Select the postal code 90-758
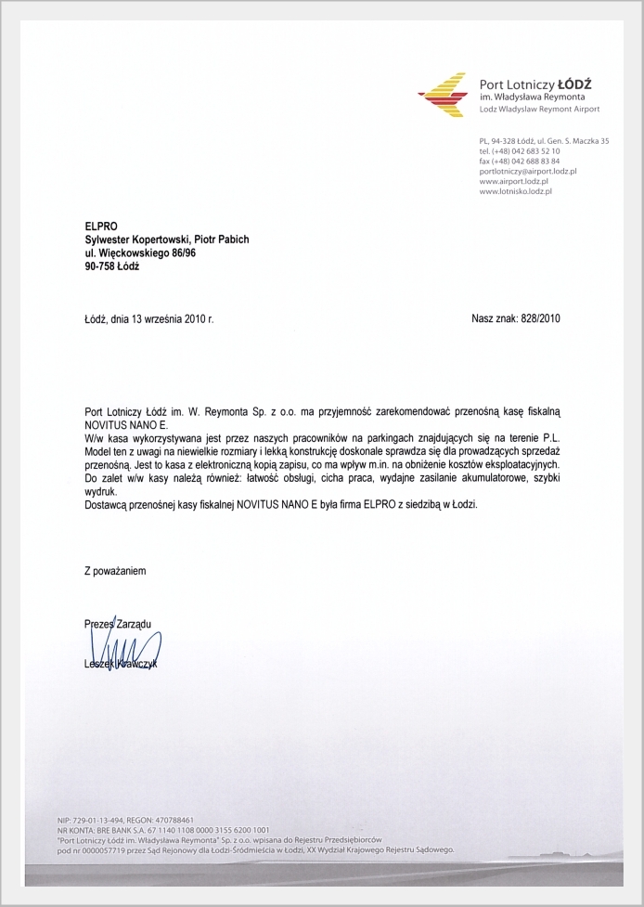(x=99, y=266)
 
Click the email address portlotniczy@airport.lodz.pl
(x=528, y=171)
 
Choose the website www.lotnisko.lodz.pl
(x=516, y=191)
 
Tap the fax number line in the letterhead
(x=520, y=161)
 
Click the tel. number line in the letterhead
(x=520, y=150)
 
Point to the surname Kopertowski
(x=164, y=239)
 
